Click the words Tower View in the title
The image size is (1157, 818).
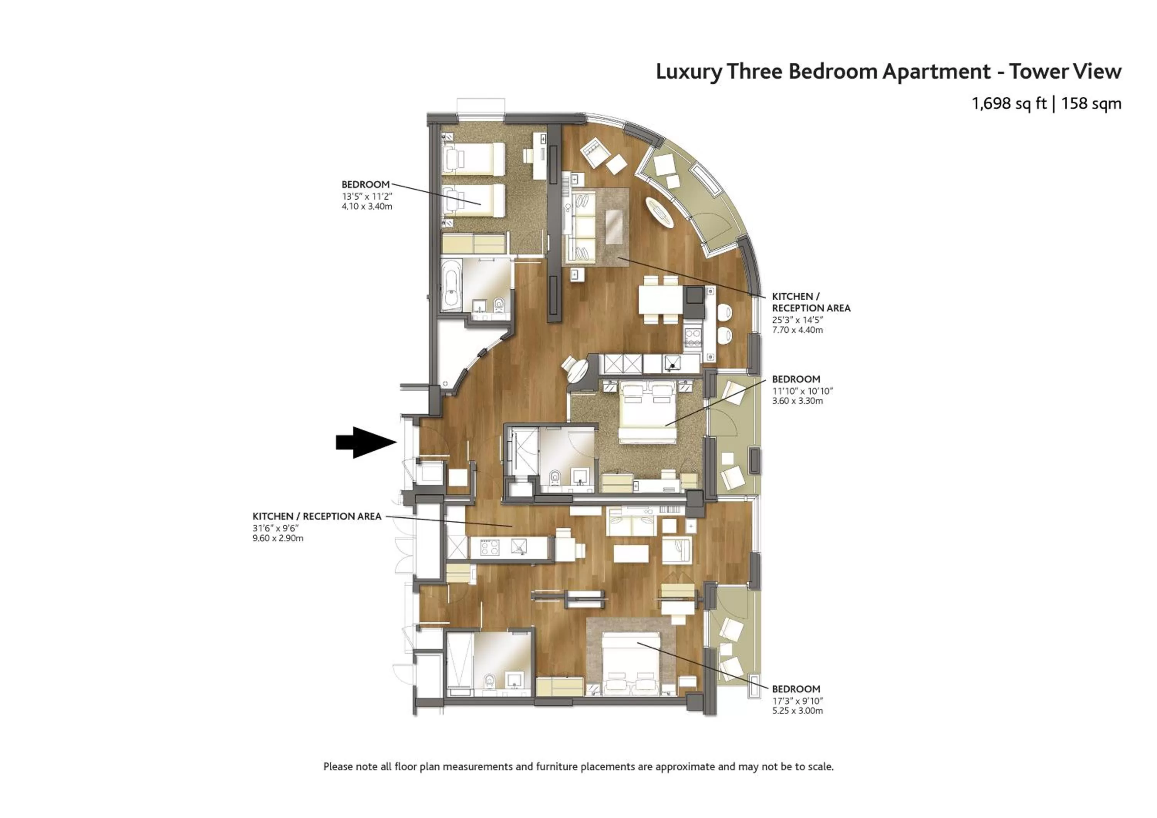coord(1064,72)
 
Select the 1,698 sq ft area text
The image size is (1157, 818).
coord(1009,104)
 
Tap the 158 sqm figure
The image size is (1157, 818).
coord(1091,104)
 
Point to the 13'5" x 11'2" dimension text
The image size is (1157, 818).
coord(366,196)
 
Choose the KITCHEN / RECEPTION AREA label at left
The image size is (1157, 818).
coord(317,516)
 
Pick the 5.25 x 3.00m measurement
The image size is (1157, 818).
coord(797,711)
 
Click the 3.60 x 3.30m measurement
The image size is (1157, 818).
coord(797,401)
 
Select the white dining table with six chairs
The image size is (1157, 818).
coord(660,301)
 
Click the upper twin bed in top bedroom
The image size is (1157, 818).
coord(473,159)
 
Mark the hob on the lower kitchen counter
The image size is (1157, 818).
coord(490,547)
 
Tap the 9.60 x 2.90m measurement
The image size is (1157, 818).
coord(278,538)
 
